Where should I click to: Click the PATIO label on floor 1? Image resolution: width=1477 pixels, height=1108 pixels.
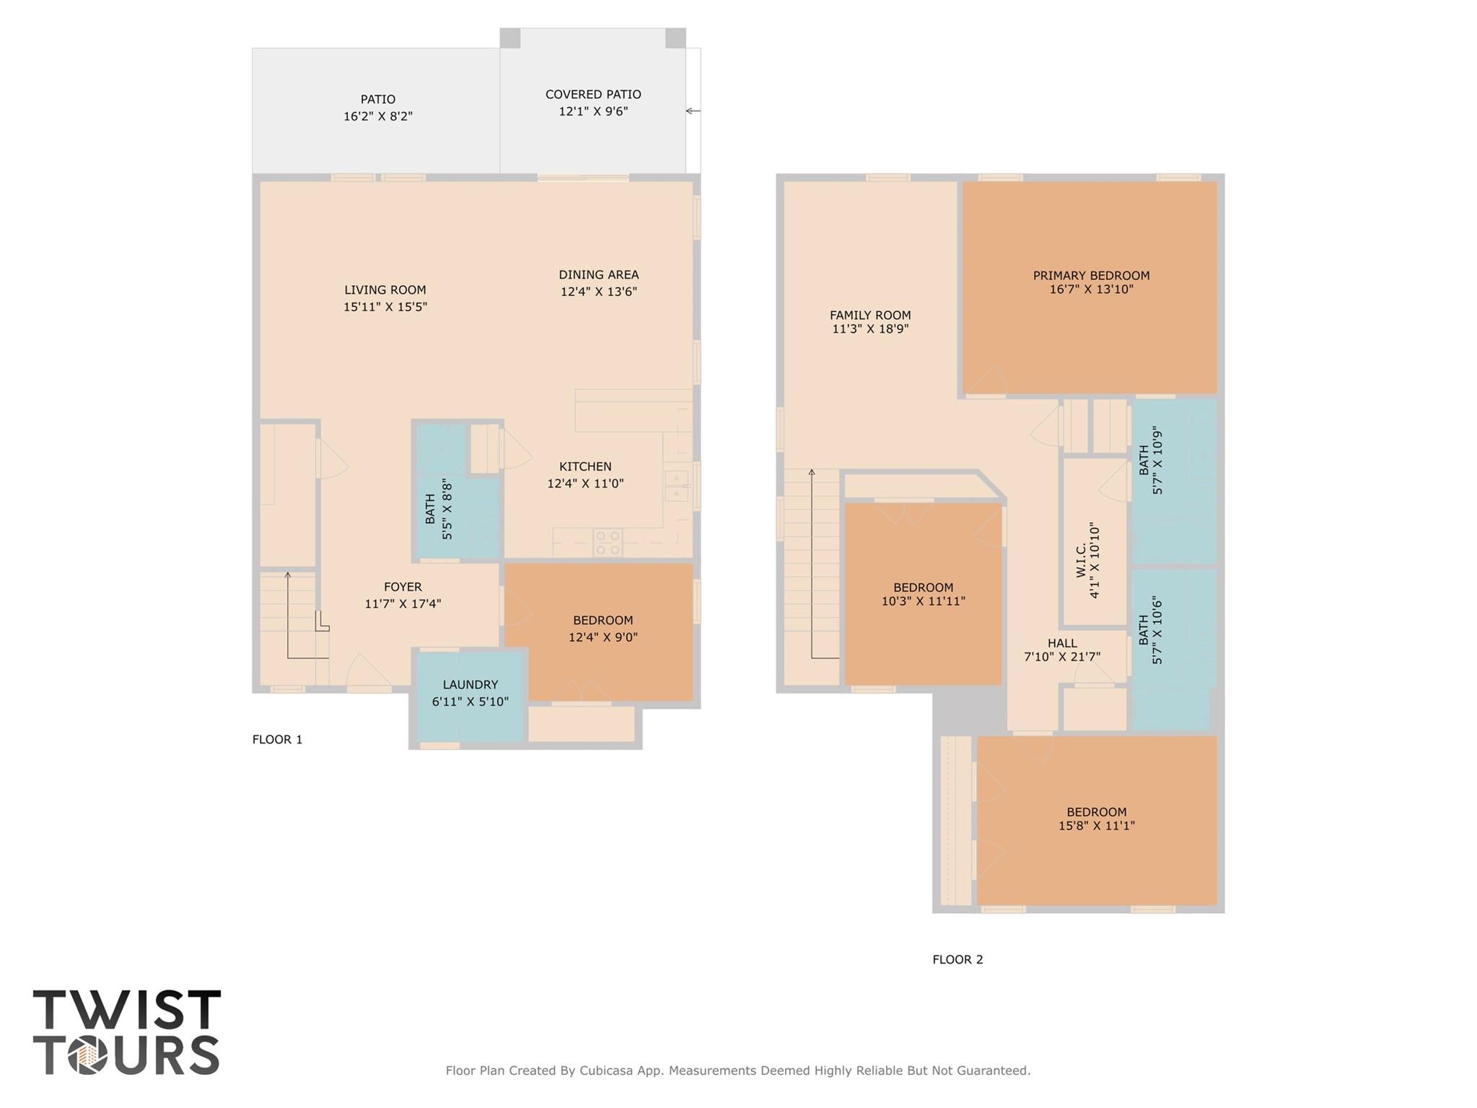377,100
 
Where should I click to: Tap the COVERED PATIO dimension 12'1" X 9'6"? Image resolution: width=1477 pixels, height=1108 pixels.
593,112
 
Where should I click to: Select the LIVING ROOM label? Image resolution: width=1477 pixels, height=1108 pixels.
385,290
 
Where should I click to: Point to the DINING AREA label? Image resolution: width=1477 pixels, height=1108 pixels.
598,275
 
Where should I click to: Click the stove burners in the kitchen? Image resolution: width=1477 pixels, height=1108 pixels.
608,542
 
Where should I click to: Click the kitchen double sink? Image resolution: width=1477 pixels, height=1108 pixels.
677,485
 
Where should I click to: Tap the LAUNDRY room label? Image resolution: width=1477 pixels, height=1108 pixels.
470,685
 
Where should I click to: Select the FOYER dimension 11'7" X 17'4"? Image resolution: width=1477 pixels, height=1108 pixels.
403,604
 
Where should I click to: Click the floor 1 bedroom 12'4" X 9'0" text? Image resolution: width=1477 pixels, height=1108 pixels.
602,637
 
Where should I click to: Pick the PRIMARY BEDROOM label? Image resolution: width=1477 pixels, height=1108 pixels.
1091,276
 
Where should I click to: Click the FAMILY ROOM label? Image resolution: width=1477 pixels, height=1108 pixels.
870,315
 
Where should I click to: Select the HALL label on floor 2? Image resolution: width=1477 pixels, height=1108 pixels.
1062,643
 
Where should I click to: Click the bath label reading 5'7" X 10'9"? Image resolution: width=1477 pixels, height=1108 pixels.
1151,461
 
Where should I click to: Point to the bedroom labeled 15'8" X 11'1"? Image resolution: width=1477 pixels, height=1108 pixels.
1096,819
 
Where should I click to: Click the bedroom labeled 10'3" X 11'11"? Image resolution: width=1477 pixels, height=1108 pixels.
923,594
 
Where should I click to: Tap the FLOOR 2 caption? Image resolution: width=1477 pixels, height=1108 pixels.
957,959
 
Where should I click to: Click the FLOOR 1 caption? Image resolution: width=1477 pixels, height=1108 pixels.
277,739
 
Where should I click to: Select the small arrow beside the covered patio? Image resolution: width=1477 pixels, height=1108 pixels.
693,111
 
